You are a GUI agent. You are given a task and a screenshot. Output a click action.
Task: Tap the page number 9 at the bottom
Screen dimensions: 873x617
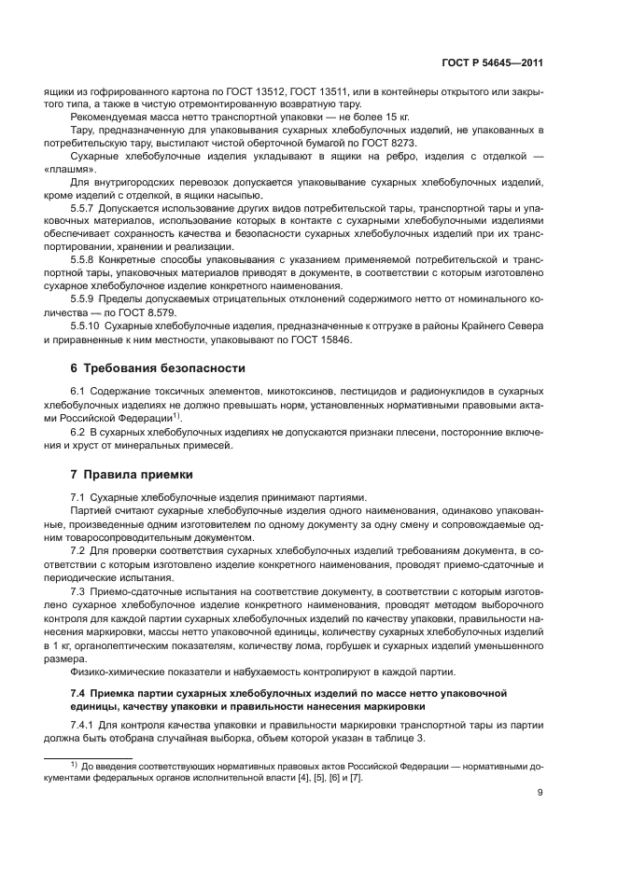pyautogui.click(x=540, y=794)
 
